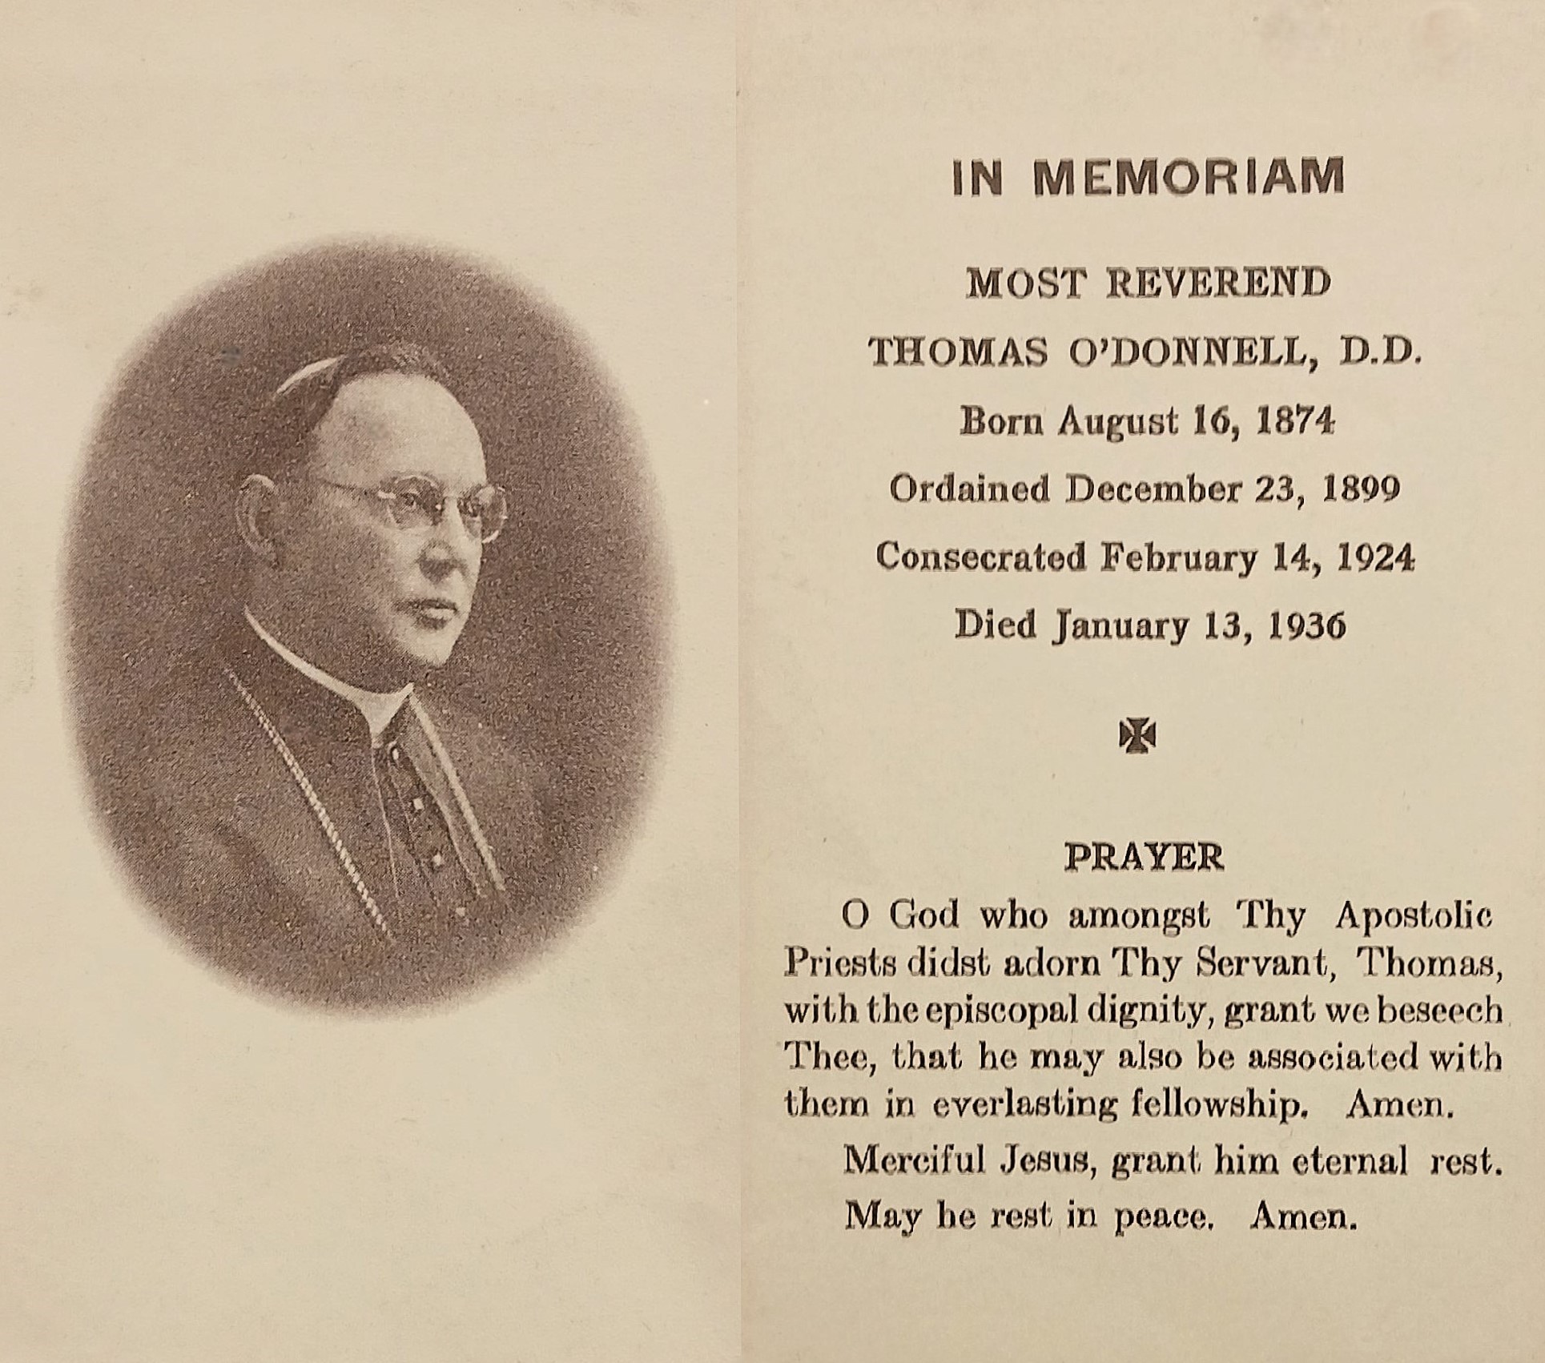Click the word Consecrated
(982, 557)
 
